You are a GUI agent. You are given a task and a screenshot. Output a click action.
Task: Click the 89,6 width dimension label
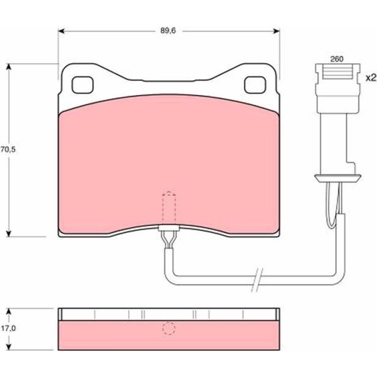[168, 31]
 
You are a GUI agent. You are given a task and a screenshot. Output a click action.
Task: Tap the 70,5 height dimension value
[8, 149]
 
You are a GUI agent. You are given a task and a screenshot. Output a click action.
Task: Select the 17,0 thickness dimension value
[8, 328]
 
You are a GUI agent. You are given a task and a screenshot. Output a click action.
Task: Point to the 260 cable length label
[337, 59]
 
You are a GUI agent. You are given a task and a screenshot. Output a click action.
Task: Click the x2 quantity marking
[371, 78]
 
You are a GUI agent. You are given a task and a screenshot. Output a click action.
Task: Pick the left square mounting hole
[82, 85]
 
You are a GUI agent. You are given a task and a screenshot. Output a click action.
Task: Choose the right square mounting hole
[255, 85]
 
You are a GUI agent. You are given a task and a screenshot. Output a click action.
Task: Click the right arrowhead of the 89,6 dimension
[276, 31]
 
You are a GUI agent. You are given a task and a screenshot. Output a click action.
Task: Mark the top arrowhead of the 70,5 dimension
[9, 67]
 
